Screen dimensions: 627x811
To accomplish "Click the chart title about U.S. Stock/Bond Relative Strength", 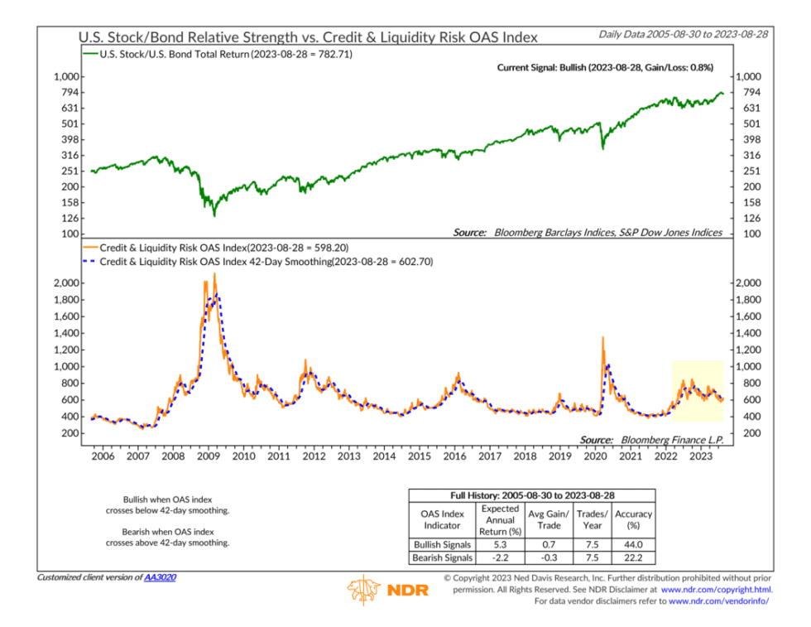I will [307, 37].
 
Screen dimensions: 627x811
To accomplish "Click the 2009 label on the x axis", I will [208, 456].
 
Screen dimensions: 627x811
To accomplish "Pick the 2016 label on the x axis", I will [454, 456].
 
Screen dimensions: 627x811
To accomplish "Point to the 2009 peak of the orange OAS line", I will [215, 274].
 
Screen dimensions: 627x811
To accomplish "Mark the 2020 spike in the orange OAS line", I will [602, 338].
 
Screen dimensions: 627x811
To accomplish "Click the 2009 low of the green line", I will [215, 215].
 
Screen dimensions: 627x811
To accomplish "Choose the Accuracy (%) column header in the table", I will [633, 519].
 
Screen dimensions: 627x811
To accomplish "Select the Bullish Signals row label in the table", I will [442, 544].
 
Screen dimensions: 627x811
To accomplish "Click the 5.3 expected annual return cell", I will [500, 544].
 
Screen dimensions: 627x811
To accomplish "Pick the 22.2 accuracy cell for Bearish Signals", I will [633, 557].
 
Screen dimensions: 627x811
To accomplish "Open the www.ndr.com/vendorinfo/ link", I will [718, 600].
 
